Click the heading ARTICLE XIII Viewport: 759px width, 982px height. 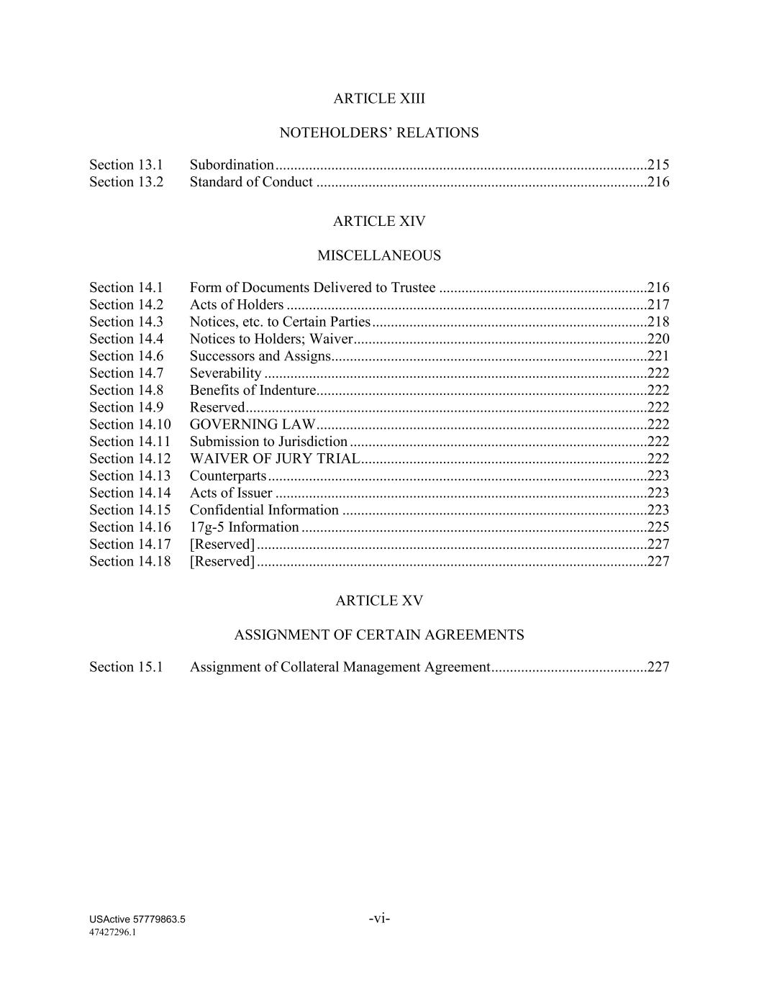[379, 99]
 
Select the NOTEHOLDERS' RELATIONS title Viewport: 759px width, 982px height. [378, 133]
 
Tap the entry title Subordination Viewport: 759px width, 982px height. [232, 165]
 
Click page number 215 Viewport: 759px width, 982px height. [658, 165]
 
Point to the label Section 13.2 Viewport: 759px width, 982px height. [126, 182]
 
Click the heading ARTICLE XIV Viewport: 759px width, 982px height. [379, 222]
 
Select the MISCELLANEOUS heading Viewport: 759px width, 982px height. [379, 255]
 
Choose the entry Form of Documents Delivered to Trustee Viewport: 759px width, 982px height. [312, 288]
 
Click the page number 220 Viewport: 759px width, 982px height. [658, 339]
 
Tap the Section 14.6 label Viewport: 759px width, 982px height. [126, 356]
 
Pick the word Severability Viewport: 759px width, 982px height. [225, 373]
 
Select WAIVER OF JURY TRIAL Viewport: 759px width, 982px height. [274, 459]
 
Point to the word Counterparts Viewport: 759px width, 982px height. [228, 476]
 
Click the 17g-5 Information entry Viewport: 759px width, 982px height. [244, 527]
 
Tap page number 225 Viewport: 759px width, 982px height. [658, 527]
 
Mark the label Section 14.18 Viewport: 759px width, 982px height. [130, 561]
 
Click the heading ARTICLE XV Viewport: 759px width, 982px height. [379, 601]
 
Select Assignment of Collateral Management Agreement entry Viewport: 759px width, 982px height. [340, 667]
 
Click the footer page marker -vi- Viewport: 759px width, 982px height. [379, 918]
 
